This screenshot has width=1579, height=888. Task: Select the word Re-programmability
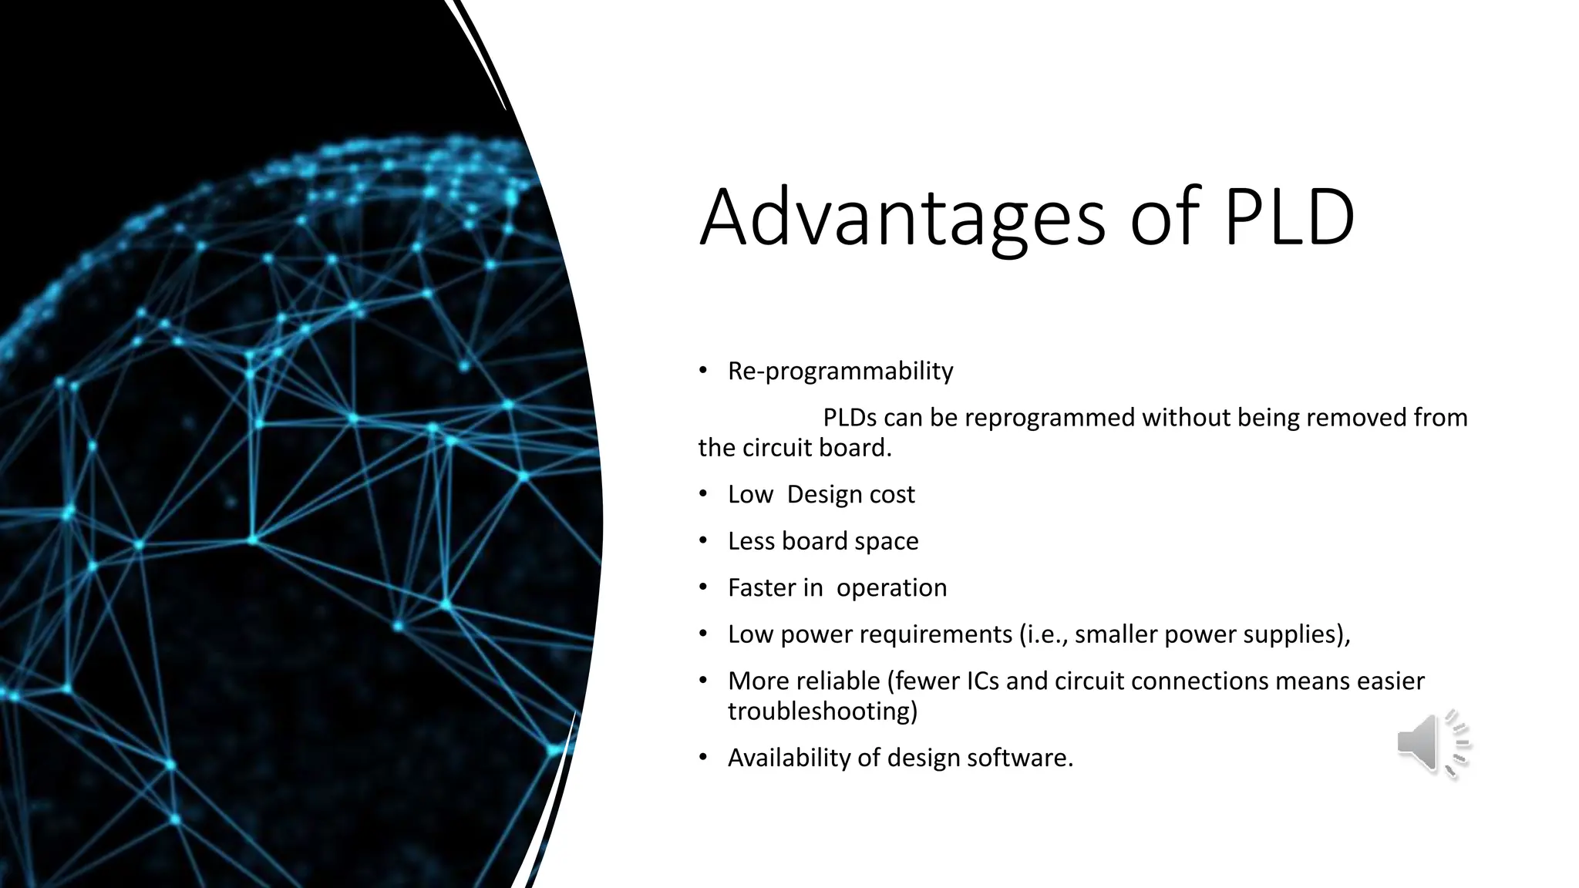pos(840,372)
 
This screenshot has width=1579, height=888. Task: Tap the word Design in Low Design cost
pos(816,494)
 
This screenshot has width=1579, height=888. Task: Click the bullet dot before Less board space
pos(702,540)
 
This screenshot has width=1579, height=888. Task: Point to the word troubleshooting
pos(822,711)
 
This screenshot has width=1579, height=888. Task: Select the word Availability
pos(789,758)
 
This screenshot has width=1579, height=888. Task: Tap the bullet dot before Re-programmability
pos(702,371)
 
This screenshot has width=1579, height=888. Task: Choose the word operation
pos(891,588)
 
